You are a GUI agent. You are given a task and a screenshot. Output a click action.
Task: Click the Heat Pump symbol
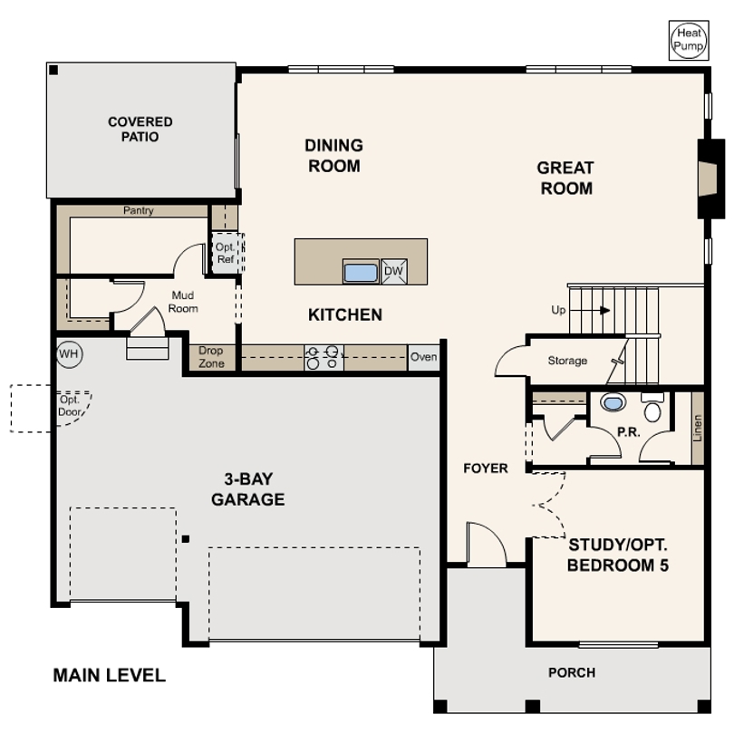click(x=689, y=40)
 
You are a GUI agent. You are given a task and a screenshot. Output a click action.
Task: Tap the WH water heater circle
click(x=69, y=354)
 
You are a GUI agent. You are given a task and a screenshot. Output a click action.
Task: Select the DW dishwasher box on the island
click(x=393, y=271)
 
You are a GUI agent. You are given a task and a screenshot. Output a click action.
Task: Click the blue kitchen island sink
click(x=361, y=273)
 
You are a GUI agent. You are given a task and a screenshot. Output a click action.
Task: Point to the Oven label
click(x=424, y=357)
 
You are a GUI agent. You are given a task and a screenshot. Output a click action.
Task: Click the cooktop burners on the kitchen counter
click(x=323, y=357)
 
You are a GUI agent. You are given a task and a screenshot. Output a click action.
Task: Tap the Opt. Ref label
click(x=226, y=253)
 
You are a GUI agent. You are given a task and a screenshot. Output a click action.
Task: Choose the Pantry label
click(x=138, y=210)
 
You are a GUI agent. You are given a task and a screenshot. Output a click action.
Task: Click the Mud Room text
click(x=183, y=302)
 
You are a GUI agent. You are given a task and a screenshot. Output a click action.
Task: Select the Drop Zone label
click(x=211, y=357)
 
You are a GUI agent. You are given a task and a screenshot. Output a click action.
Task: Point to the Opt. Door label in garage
click(x=70, y=406)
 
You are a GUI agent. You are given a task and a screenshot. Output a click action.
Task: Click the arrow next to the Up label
click(x=604, y=310)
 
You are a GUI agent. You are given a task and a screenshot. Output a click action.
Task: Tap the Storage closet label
click(x=567, y=361)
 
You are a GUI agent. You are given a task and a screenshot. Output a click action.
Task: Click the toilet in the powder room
click(x=652, y=407)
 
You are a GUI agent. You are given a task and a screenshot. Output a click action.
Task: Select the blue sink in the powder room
click(x=613, y=402)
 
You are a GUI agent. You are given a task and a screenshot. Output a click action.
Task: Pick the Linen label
click(x=698, y=429)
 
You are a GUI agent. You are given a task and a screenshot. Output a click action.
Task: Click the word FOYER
click(x=486, y=468)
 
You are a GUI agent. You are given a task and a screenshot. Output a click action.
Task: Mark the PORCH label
click(x=572, y=672)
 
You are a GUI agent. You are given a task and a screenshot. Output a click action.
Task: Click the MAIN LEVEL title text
click(x=109, y=675)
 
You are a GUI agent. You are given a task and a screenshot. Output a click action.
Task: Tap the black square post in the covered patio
click(x=53, y=70)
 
